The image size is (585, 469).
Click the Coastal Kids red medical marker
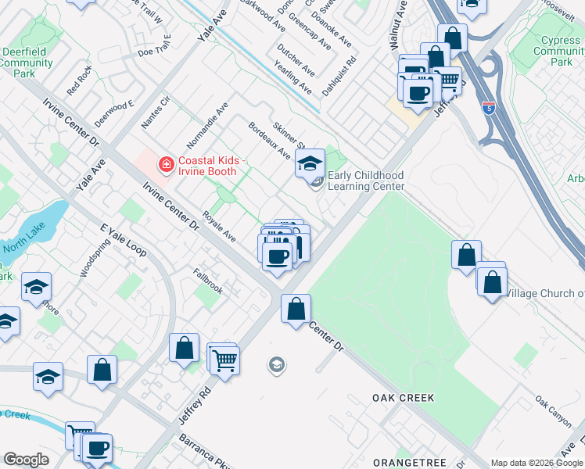pos(166,164)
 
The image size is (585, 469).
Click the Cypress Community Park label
pos(558,51)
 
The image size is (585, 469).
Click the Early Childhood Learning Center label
pos(365,181)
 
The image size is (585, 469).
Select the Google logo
pos(26,460)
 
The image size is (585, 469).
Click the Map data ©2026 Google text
pos(537,463)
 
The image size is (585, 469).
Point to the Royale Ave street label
pos(219,224)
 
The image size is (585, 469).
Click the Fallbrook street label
pos(208,281)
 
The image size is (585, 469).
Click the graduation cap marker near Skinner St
pos(310,163)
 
